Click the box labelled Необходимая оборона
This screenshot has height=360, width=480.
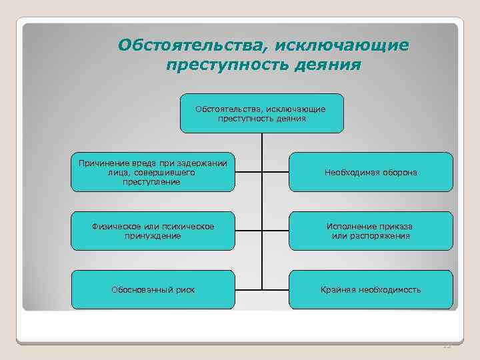(371, 173)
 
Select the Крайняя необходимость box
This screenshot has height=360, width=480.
(371, 290)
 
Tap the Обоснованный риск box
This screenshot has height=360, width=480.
(153, 290)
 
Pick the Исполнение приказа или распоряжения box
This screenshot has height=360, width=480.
(371, 231)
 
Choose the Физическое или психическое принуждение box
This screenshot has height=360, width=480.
(153, 231)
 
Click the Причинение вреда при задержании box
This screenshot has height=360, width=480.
(153, 173)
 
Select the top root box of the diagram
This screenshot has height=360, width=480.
(261, 113)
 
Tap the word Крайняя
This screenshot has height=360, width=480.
(337, 290)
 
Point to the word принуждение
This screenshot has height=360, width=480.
(153, 236)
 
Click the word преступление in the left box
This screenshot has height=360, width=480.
(153, 181)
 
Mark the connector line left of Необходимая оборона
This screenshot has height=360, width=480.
(275, 173)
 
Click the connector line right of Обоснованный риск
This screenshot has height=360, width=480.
(248, 290)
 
